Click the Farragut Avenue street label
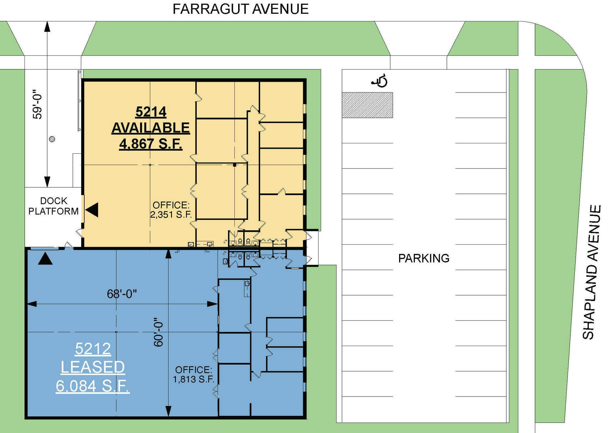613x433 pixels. point(240,9)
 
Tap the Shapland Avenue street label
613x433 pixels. point(592,272)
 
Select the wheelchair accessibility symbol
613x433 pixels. point(380,81)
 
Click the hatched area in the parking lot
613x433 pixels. point(367,105)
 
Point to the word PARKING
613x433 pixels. point(424,258)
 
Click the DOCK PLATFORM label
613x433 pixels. point(53,206)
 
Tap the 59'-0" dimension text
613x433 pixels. point(37,104)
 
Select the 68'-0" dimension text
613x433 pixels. point(122,294)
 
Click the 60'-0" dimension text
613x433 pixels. point(158,332)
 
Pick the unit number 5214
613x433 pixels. point(151,112)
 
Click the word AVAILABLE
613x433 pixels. point(151,128)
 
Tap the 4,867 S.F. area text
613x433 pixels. point(151,144)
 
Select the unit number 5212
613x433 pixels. point(93,348)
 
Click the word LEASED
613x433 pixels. point(93,367)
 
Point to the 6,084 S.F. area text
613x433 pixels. point(93,386)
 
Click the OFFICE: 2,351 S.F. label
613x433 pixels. point(171,210)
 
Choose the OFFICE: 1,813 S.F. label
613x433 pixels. point(193,374)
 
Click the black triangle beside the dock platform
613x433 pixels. point(92,210)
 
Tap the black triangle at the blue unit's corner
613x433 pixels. point(45,258)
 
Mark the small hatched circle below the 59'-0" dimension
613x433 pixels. point(52,139)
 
